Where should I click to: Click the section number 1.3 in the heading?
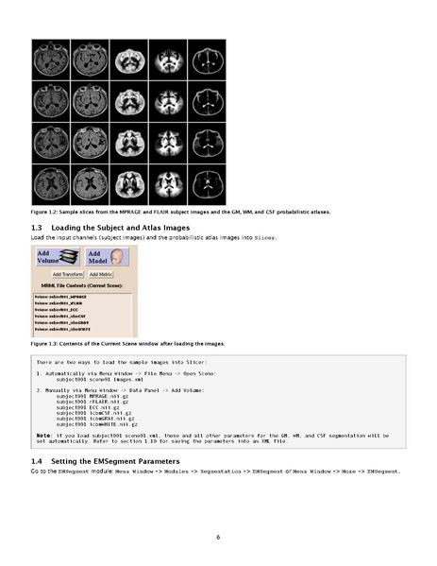37,229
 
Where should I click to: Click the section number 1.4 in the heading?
37,459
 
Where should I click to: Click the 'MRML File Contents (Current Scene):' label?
84,284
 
